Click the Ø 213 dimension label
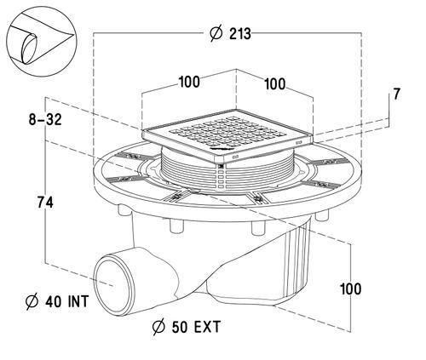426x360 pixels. (x=231, y=34)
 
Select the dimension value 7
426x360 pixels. (x=396, y=94)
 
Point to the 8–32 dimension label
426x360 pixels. (x=45, y=119)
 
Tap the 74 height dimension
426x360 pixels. (x=45, y=203)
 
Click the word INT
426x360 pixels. (x=78, y=301)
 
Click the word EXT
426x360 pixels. (x=207, y=327)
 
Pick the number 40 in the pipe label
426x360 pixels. (x=54, y=301)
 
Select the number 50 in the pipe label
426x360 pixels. (x=180, y=327)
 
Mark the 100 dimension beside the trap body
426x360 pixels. (x=351, y=289)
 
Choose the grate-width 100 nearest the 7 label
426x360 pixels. (x=274, y=84)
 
